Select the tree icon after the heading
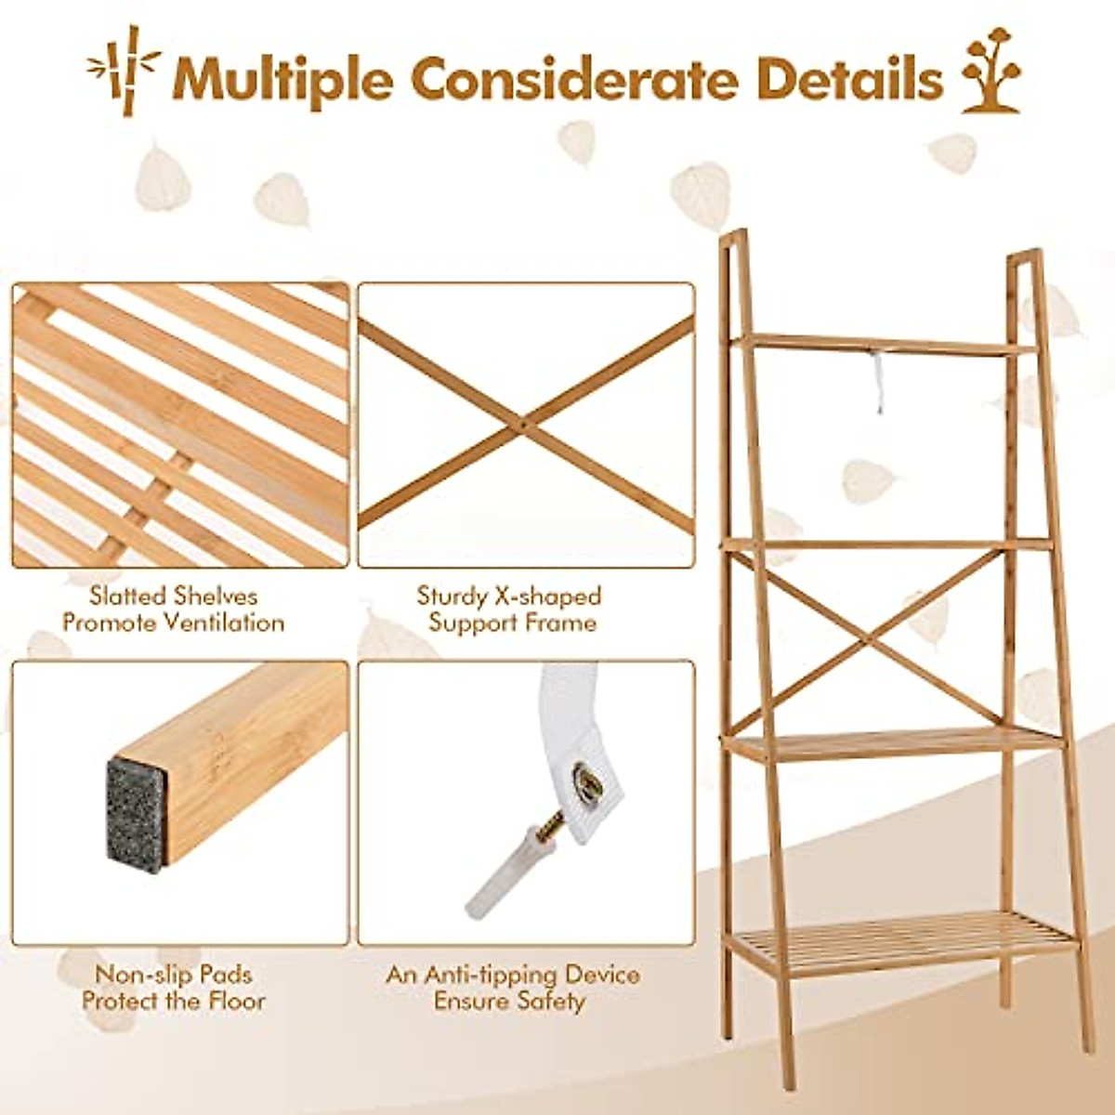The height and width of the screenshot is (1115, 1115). click(990, 75)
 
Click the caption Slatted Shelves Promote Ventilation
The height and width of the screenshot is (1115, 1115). click(174, 610)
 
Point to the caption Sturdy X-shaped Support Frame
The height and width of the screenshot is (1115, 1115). click(510, 610)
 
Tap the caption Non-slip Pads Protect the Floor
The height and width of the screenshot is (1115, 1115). click(174, 988)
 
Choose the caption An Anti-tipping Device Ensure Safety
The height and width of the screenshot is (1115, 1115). click(513, 988)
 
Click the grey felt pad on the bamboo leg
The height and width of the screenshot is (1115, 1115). click(136, 815)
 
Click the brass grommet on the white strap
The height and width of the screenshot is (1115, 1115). click(587, 783)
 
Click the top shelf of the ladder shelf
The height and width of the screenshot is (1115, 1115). click(883, 344)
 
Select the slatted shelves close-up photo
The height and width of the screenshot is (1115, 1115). click(180, 426)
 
